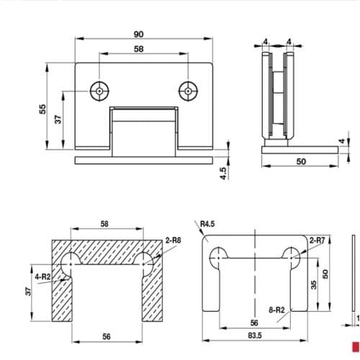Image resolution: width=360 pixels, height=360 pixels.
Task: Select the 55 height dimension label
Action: pyautogui.click(x=42, y=109)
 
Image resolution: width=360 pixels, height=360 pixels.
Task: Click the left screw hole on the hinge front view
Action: pyautogui.click(x=99, y=91)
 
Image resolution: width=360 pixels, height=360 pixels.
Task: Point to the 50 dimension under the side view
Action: pyautogui.click(x=300, y=161)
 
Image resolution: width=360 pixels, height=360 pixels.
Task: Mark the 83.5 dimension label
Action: pyautogui.click(x=257, y=336)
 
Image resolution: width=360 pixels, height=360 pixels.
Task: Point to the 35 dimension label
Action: pyautogui.click(x=314, y=284)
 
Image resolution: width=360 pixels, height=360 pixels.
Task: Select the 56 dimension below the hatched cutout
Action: pyautogui.click(x=107, y=336)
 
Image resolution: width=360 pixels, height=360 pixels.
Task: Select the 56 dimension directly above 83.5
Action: pyautogui.click(x=253, y=323)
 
